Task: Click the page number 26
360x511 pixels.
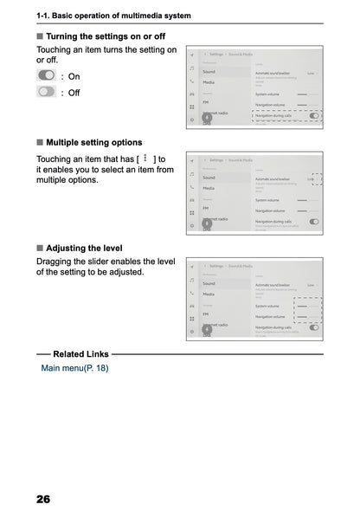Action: tap(43, 500)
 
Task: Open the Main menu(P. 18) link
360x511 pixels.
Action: tap(74, 368)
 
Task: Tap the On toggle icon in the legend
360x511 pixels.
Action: tap(47, 76)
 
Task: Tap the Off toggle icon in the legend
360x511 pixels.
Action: tap(47, 92)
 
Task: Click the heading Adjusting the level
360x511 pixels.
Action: tap(89, 247)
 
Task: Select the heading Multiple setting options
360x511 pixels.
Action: tap(93, 142)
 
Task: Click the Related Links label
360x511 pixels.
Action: tap(80, 354)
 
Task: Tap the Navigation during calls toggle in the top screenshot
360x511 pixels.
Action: tap(313, 115)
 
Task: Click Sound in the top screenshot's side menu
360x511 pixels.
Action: tap(209, 71)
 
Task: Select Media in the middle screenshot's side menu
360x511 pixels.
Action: tap(209, 188)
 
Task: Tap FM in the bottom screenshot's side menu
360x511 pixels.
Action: tap(206, 314)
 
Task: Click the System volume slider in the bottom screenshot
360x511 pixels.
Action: tap(307, 306)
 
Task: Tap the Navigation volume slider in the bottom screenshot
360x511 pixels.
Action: tap(307, 317)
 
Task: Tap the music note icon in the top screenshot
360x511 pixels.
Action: tap(191, 67)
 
